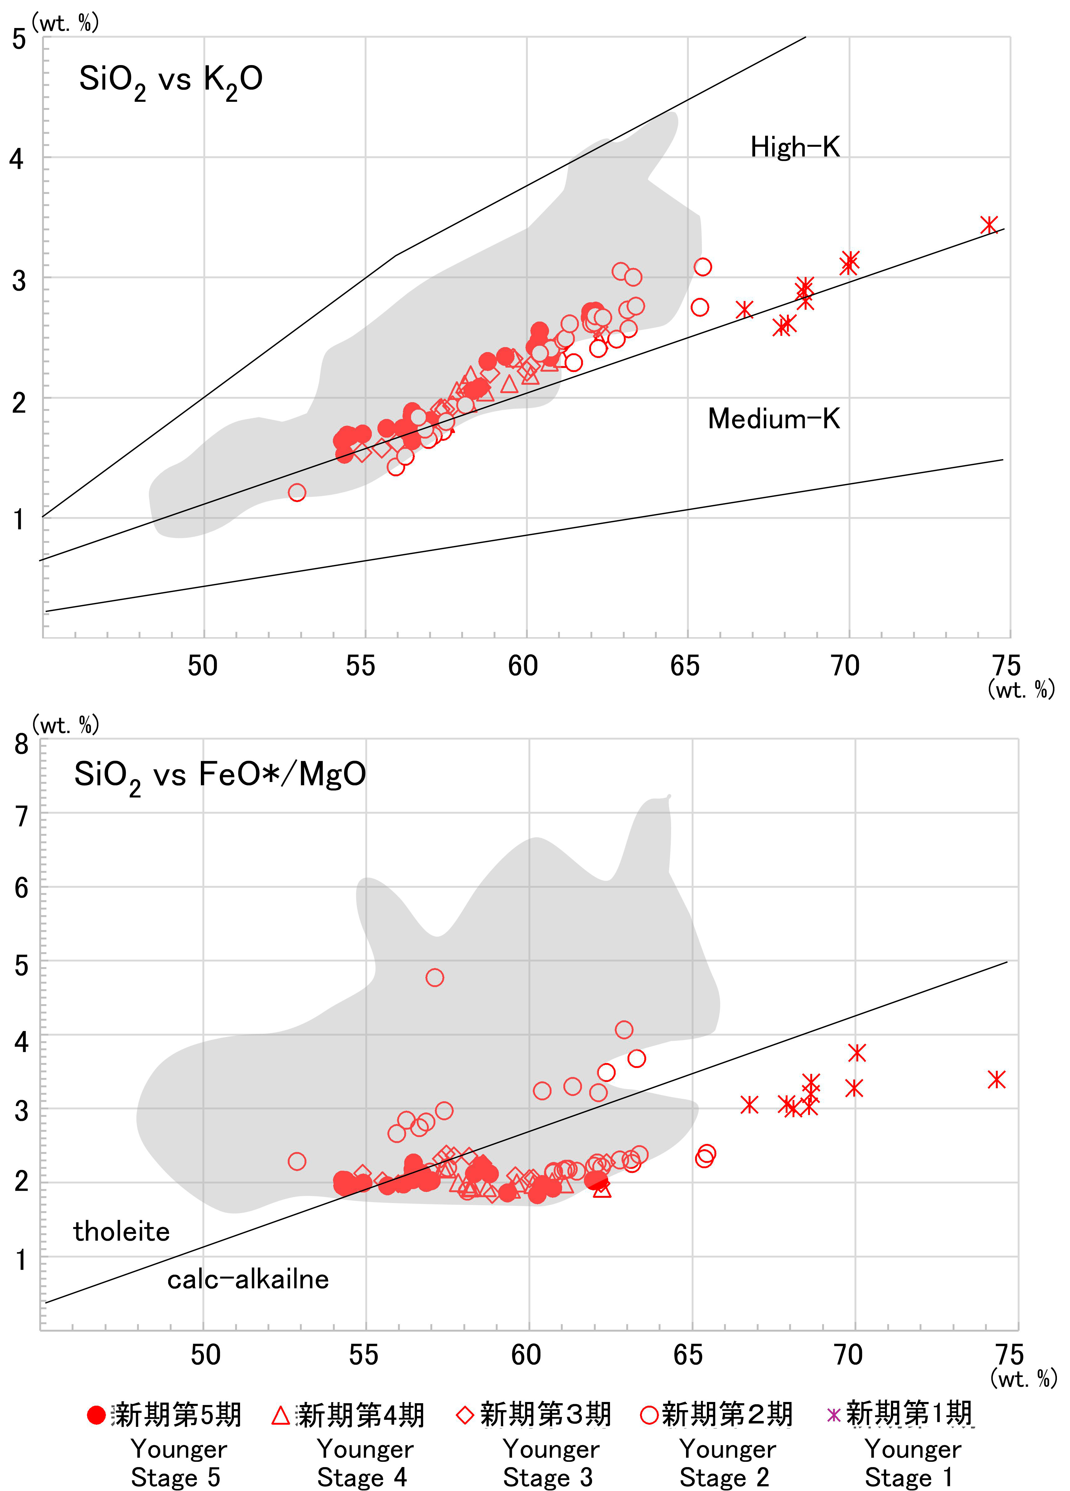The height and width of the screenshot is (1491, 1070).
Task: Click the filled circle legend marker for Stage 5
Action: tap(97, 1415)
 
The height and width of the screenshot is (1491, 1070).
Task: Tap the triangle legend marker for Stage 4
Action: tap(281, 1415)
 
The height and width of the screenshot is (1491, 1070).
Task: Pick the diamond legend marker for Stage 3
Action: tap(465, 1415)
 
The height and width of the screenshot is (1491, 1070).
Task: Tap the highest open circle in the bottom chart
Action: tap(434, 978)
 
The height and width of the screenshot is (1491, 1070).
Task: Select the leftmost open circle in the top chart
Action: tap(297, 492)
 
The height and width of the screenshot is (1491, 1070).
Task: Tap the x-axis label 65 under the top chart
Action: tap(684, 666)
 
